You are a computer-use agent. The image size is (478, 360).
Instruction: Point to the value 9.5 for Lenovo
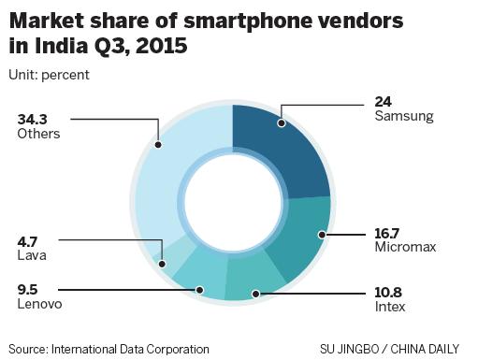pos(28,289)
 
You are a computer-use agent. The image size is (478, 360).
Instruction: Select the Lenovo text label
pos(38,304)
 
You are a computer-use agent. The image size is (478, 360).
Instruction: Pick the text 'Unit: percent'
pos(50,75)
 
